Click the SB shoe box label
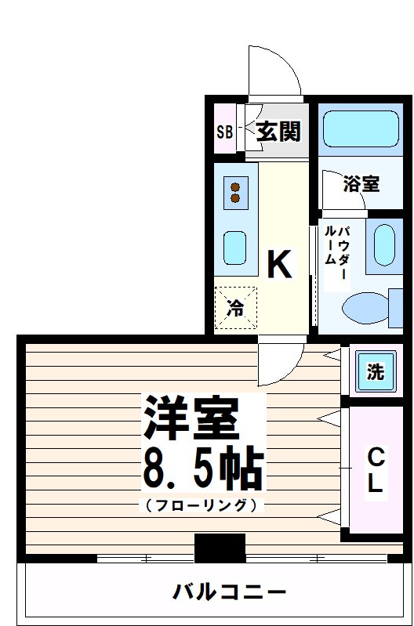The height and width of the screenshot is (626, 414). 224,132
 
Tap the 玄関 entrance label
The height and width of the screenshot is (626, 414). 278,132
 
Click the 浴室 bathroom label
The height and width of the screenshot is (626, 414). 361,184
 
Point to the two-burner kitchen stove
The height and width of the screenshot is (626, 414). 234,193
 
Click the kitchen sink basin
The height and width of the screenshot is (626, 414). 234,248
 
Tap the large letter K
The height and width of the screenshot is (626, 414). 279,265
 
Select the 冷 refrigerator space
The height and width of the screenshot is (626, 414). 235,308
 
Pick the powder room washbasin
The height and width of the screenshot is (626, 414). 384,244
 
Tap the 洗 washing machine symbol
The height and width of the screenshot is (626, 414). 376,371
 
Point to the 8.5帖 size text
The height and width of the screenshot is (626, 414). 202,468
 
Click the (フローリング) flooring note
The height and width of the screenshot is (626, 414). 201,505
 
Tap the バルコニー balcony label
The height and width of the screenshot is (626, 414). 219,591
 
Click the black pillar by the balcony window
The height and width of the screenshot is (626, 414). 220,548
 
